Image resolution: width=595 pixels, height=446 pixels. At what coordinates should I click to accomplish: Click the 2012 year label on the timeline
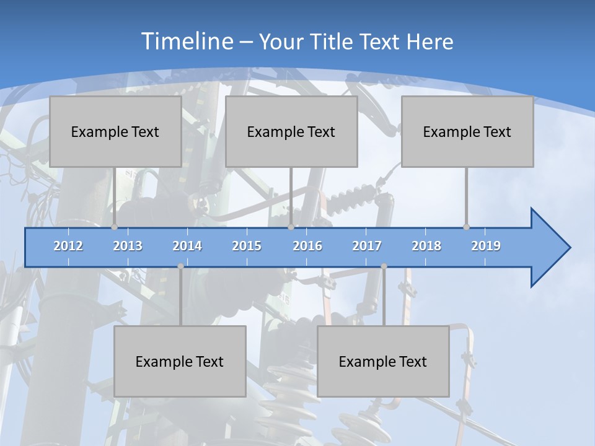(x=68, y=246)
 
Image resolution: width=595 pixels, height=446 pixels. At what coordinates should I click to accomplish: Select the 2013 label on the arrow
(x=128, y=246)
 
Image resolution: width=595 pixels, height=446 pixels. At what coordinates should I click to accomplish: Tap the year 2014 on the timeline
(x=187, y=246)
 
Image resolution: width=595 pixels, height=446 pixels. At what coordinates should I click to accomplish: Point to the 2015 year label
(x=247, y=246)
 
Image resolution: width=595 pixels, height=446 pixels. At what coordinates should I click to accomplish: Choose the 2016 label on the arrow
(x=307, y=246)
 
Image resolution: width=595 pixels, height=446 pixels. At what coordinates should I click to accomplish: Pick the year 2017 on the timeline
(x=367, y=246)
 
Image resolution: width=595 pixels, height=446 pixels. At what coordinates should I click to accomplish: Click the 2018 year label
(x=426, y=246)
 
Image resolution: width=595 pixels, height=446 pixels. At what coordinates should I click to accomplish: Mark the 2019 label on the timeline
(x=486, y=246)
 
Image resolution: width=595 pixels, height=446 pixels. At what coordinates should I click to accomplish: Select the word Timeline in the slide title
(x=187, y=42)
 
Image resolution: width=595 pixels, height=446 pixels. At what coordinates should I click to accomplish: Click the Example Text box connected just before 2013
(x=115, y=131)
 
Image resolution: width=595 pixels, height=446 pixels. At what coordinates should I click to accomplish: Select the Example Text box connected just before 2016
(x=291, y=131)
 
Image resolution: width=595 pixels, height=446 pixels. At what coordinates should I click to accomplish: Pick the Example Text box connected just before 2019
(x=467, y=131)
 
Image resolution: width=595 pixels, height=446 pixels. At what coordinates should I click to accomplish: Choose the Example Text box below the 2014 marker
(x=180, y=361)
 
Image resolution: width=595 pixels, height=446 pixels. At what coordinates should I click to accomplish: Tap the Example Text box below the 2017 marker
(x=383, y=361)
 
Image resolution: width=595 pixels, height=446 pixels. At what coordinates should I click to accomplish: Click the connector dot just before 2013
(x=114, y=227)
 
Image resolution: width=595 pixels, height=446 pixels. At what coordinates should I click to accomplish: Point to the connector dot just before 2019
(x=466, y=227)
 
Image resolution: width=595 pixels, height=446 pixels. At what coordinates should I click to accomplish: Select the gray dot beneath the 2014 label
(x=180, y=266)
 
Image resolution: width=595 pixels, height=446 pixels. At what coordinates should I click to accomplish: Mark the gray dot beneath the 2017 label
(x=384, y=266)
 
